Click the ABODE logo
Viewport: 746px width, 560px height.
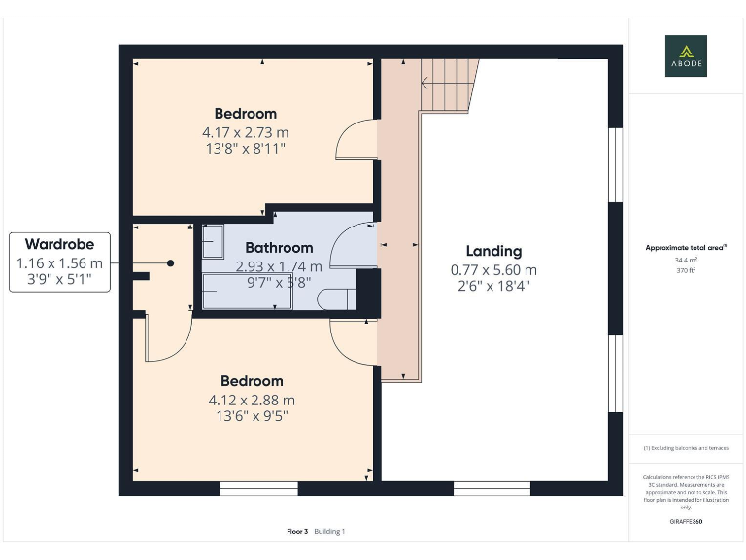686,55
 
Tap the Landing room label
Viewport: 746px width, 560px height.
493,251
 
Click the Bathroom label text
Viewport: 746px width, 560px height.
279,248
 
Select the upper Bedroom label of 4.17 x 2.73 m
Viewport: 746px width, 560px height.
246,114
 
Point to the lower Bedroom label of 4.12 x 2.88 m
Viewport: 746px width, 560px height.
252,381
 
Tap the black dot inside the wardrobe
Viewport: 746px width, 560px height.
170,262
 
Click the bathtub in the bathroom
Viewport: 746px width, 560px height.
247,291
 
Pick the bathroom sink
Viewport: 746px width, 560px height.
213,241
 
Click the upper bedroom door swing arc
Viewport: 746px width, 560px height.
355,141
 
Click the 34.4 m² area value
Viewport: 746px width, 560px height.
686,260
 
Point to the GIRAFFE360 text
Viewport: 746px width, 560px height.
686,522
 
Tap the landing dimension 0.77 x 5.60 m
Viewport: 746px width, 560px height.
493,270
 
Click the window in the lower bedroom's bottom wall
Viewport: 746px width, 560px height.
245,488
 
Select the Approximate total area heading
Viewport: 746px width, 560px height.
686,248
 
